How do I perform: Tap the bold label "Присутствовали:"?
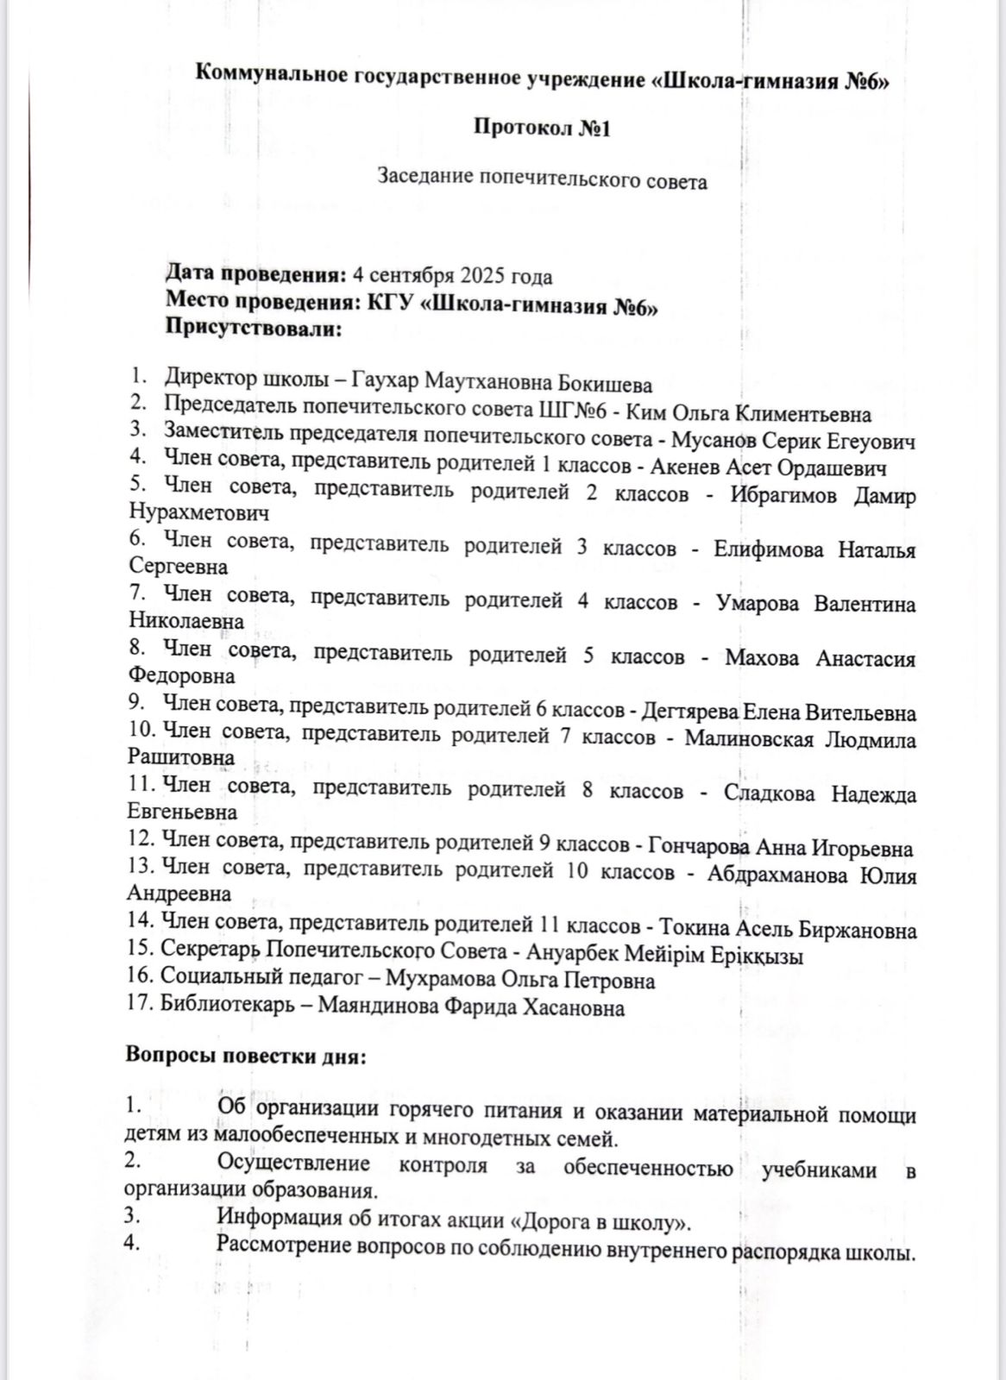pyautogui.click(x=254, y=329)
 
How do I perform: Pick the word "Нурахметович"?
pyautogui.click(x=198, y=512)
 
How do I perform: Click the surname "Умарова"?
pyautogui.click(x=759, y=604)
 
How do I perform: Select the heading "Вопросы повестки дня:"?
pyautogui.click(x=246, y=1057)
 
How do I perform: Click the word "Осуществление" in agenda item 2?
pyautogui.click(x=293, y=1164)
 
